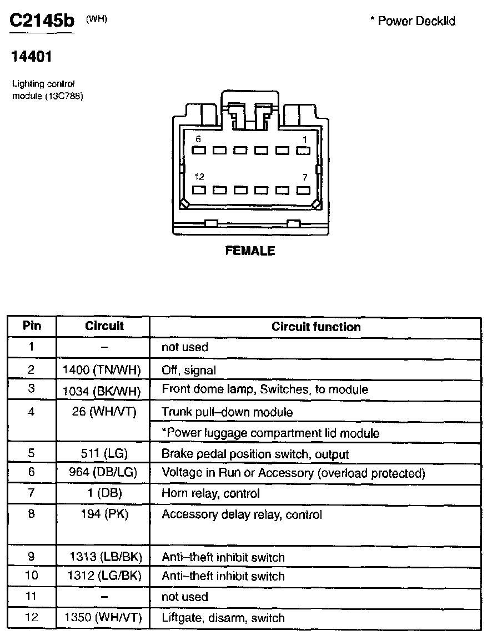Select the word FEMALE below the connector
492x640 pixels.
250,251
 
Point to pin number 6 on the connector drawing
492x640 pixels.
198,139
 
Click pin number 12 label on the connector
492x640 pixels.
199,177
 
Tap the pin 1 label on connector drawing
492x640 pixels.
304,139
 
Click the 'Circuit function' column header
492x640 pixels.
316,327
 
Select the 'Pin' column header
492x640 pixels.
32,326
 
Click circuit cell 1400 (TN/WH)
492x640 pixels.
102,369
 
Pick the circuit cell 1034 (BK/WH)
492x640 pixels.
102,389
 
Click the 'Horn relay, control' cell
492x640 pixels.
210,493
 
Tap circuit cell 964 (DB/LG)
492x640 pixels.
103,473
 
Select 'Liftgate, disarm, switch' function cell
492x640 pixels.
223,618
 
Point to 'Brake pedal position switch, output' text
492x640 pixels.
255,454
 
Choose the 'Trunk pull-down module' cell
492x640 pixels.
227,412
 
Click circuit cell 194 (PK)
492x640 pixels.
104,514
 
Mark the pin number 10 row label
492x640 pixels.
32,576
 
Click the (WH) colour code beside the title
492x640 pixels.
97,19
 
